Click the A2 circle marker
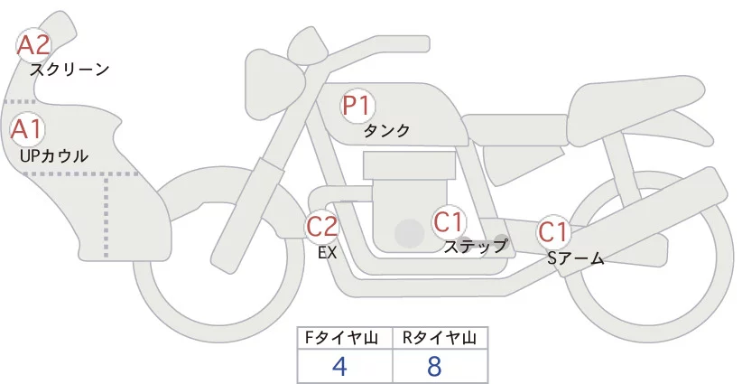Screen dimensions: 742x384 click(x=34, y=43)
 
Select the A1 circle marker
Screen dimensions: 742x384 click(x=26, y=127)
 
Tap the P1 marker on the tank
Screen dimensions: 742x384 click(x=357, y=105)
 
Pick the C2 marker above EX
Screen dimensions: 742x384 click(x=322, y=226)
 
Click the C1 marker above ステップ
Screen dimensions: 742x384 click(x=449, y=221)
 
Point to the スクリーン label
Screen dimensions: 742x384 click(x=70, y=70)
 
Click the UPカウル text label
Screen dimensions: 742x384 click(x=54, y=155)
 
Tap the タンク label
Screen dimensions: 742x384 click(x=386, y=131)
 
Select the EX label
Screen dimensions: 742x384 click(x=327, y=253)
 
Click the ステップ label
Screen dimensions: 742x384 click(x=475, y=245)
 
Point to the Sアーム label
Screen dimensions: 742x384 click(x=576, y=258)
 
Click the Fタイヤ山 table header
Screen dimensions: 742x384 click(x=346, y=339)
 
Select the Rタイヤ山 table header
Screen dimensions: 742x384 click(x=440, y=339)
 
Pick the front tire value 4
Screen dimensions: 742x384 click(x=339, y=367)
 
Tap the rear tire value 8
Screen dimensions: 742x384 click(x=434, y=367)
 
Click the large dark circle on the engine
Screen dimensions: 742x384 click(x=410, y=234)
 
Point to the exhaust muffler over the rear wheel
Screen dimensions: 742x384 click(x=659, y=217)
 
